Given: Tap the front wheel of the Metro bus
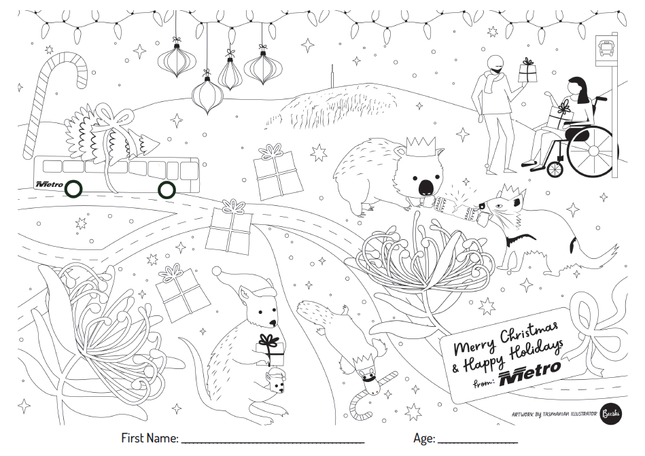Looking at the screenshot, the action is (x=73, y=189).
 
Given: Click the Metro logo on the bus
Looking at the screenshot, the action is (x=50, y=185).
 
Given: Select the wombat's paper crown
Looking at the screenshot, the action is (x=421, y=146).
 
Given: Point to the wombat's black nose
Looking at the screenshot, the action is (x=425, y=188).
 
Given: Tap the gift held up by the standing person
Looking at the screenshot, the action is (x=528, y=71).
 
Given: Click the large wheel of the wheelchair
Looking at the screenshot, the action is (x=593, y=151).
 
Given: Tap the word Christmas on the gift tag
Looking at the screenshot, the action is (x=529, y=334).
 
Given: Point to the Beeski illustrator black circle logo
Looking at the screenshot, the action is (x=611, y=413).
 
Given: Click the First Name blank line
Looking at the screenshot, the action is (x=273, y=442).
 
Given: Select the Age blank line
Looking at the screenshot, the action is (x=478, y=442).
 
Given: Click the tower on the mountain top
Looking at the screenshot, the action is (x=332, y=77).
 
